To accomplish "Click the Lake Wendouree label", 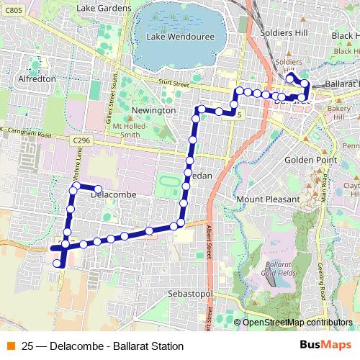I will [x=176, y=36].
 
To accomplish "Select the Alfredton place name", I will [x=37, y=78].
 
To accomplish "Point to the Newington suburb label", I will [x=154, y=110].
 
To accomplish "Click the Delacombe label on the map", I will [x=114, y=194].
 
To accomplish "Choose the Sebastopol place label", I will [x=189, y=294].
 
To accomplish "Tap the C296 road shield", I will [x=81, y=141].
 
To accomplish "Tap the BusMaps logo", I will [x=325, y=345].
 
